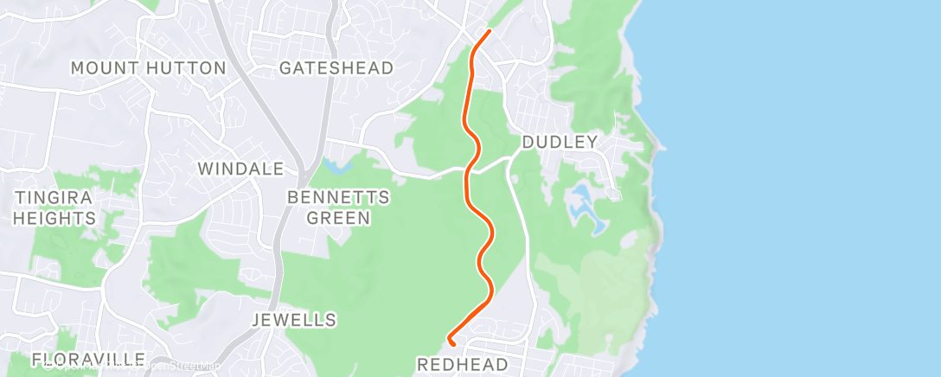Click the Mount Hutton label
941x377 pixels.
(x=148, y=67)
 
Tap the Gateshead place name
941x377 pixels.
(x=336, y=67)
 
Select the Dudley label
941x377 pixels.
(x=560, y=143)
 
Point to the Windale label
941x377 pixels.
(x=241, y=169)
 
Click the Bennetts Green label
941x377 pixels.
(x=338, y=208)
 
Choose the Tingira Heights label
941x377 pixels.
(x=53, y=208)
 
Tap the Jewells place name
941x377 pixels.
(x=293, y=320)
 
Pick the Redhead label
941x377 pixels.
(x=464, y=364)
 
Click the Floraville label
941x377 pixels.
(x=88, y=359)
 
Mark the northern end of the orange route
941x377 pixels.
(x=489, y=31)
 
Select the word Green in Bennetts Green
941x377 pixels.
(x=338, y=218)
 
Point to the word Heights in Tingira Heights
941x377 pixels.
(x=53, y=218)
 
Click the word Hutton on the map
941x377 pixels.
(x=186, y=67)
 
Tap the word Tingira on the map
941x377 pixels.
(x=53, y=197)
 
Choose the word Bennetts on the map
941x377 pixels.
(x=338, y=197)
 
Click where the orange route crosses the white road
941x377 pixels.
(x=468, y=171)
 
